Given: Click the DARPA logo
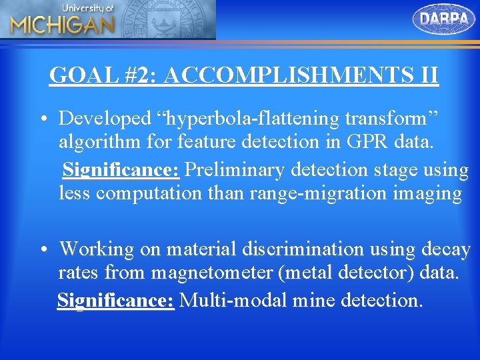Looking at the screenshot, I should [444, 19].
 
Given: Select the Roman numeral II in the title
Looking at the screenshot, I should [427, 75].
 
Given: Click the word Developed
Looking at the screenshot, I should [105, 119].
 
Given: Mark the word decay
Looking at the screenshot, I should [446, 250].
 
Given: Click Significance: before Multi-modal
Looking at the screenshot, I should [116, 300].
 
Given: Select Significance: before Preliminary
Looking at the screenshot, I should [121, 170].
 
